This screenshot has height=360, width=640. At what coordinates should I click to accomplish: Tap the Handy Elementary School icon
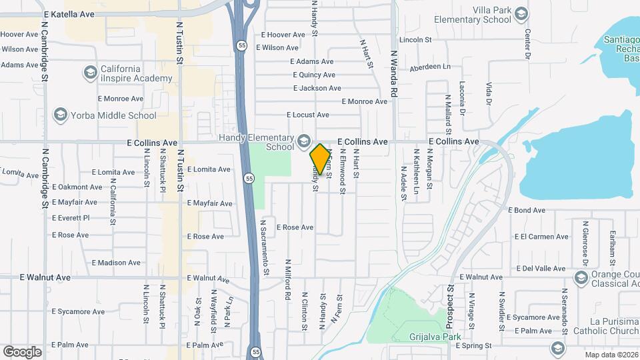tap(304, 141)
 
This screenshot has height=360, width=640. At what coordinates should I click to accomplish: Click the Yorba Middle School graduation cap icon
tap(61, 115)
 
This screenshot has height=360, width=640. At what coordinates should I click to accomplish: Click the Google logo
tap(22, 351)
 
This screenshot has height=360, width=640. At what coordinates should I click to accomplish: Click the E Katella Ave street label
tap(69, 13)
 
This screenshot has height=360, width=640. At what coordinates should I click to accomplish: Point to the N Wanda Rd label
tap(393, 74)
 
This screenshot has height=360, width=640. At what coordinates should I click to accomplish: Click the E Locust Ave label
tap(307, 115)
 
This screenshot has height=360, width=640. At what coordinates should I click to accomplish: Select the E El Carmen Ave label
tap(541, 237)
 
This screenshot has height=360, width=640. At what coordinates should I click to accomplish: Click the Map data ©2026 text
tap(611, 355)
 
